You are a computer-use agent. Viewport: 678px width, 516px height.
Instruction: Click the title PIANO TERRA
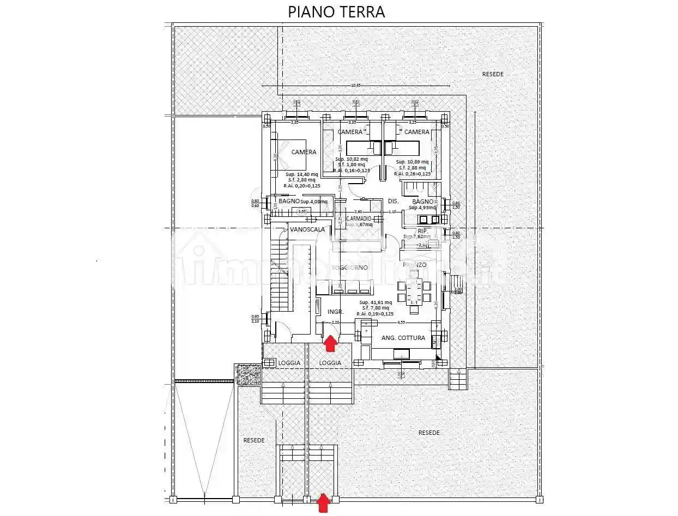336,11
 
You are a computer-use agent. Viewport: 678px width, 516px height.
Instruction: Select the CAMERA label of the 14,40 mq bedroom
304,152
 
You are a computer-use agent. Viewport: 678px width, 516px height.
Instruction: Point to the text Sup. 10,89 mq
412,162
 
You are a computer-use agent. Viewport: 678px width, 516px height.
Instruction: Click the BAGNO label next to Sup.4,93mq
422,201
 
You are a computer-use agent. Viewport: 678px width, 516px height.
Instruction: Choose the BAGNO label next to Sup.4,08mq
288,201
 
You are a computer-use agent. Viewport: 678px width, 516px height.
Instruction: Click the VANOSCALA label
307,229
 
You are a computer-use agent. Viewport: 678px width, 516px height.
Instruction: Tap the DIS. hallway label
394,201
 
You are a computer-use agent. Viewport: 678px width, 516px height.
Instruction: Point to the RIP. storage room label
422,231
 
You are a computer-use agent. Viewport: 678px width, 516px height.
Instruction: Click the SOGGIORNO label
349,268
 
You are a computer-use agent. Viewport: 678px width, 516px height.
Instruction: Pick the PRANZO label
414,265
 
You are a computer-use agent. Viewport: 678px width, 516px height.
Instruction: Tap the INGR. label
335,312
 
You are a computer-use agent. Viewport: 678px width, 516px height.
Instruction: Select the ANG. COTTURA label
403,338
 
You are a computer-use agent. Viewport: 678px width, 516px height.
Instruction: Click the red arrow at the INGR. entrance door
330,344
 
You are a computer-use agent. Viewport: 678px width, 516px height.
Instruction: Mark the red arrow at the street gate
323,503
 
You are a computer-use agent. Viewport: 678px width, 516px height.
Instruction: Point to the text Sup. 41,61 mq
375,302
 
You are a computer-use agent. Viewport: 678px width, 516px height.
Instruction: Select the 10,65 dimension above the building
356,85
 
